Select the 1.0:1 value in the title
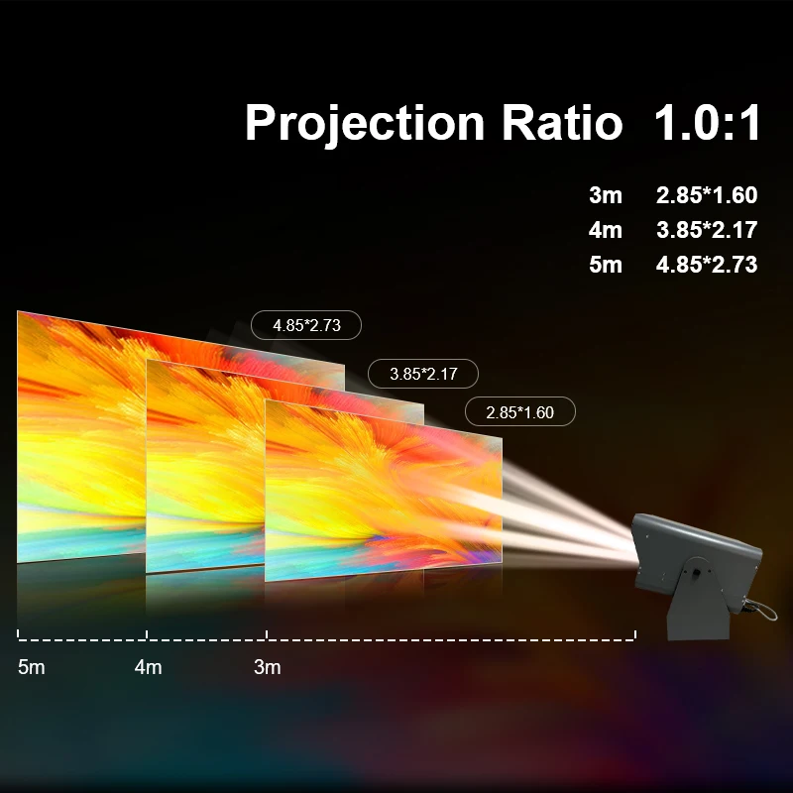[706, 124]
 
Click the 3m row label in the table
[605, 195]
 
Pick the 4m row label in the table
[605, 230]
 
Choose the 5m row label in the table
[605, 265]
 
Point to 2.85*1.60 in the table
[706, 195]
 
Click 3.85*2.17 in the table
[706, 230]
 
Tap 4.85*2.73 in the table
[706, 265]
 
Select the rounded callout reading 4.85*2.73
[306, 324]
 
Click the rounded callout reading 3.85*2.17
[423, 374]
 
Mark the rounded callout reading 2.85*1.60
[519, 412]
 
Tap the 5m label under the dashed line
[32, 667]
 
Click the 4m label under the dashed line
[148, 667]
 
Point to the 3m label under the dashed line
[268, 667]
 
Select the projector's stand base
[699, 620]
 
